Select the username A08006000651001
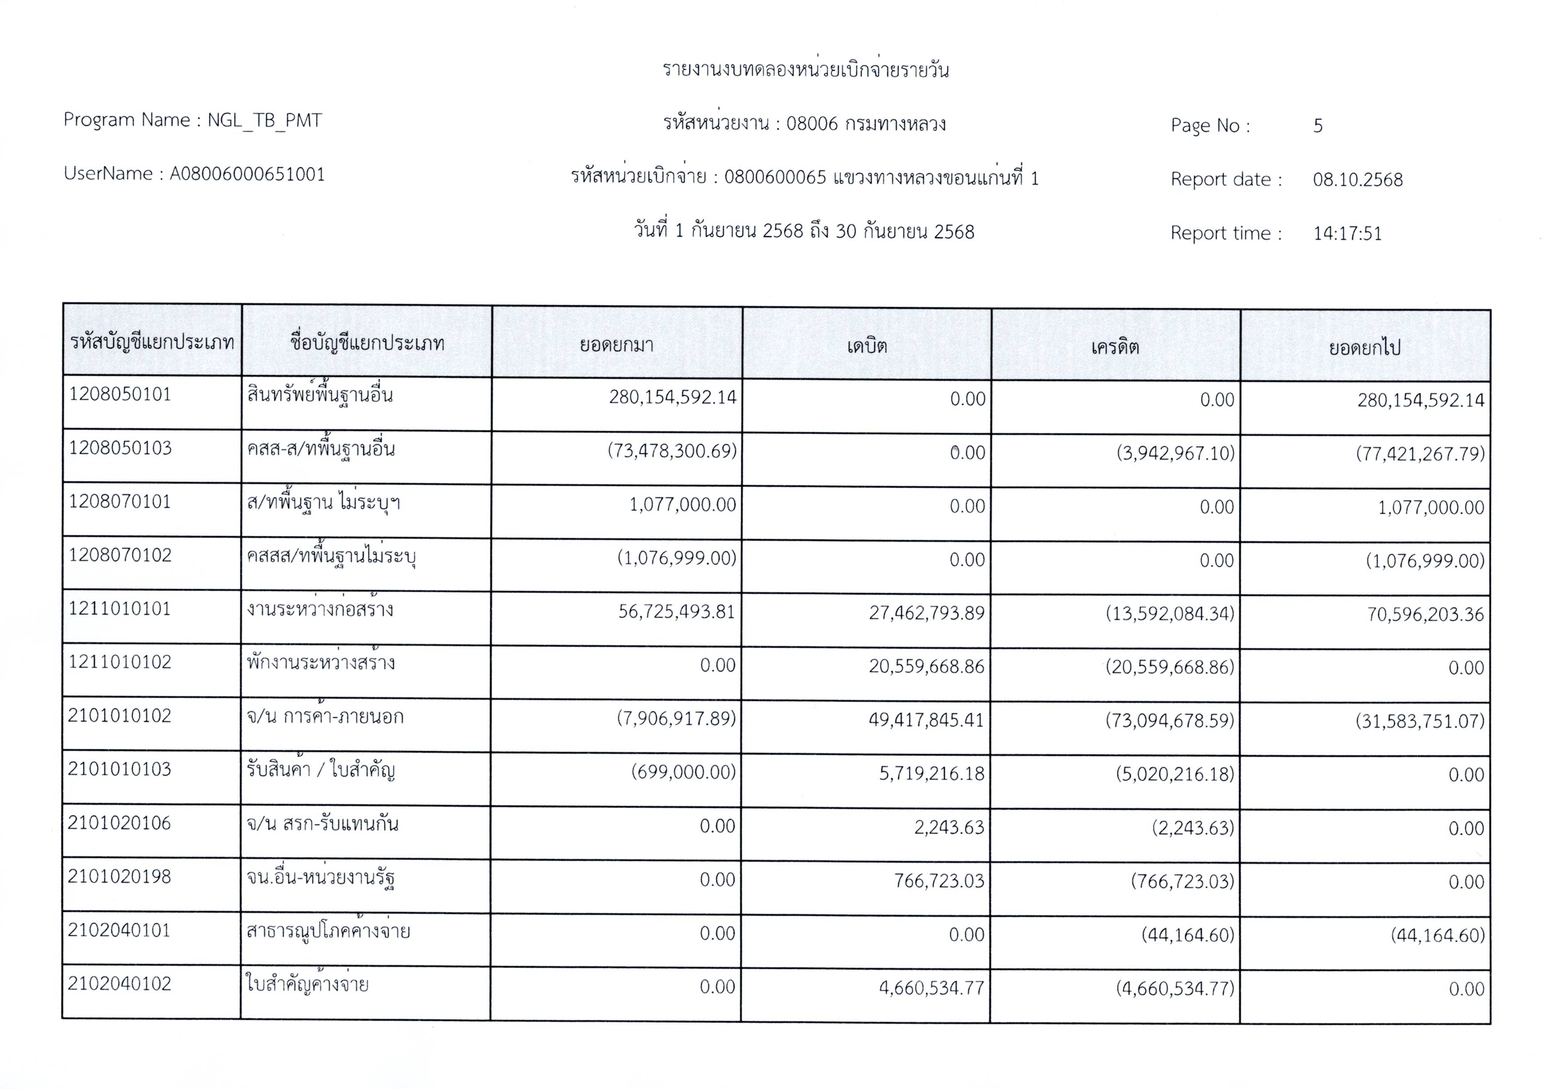click(x=247, y=174)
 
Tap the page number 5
click(x=1317, y=126)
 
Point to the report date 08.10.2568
click(x=1357, y=180)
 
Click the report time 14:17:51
click(x=1347, y=233)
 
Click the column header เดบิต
click(x=867, y=346)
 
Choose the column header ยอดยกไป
click(x=1364, y=348)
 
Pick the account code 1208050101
click(x=121, y=394)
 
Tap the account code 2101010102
click(x=120, y=716)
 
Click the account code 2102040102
click(x=120, y=984)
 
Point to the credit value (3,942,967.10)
click(x=1175, y=453)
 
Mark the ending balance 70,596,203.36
click(x=1425, y=614)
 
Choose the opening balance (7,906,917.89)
click(x=676, y=718)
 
